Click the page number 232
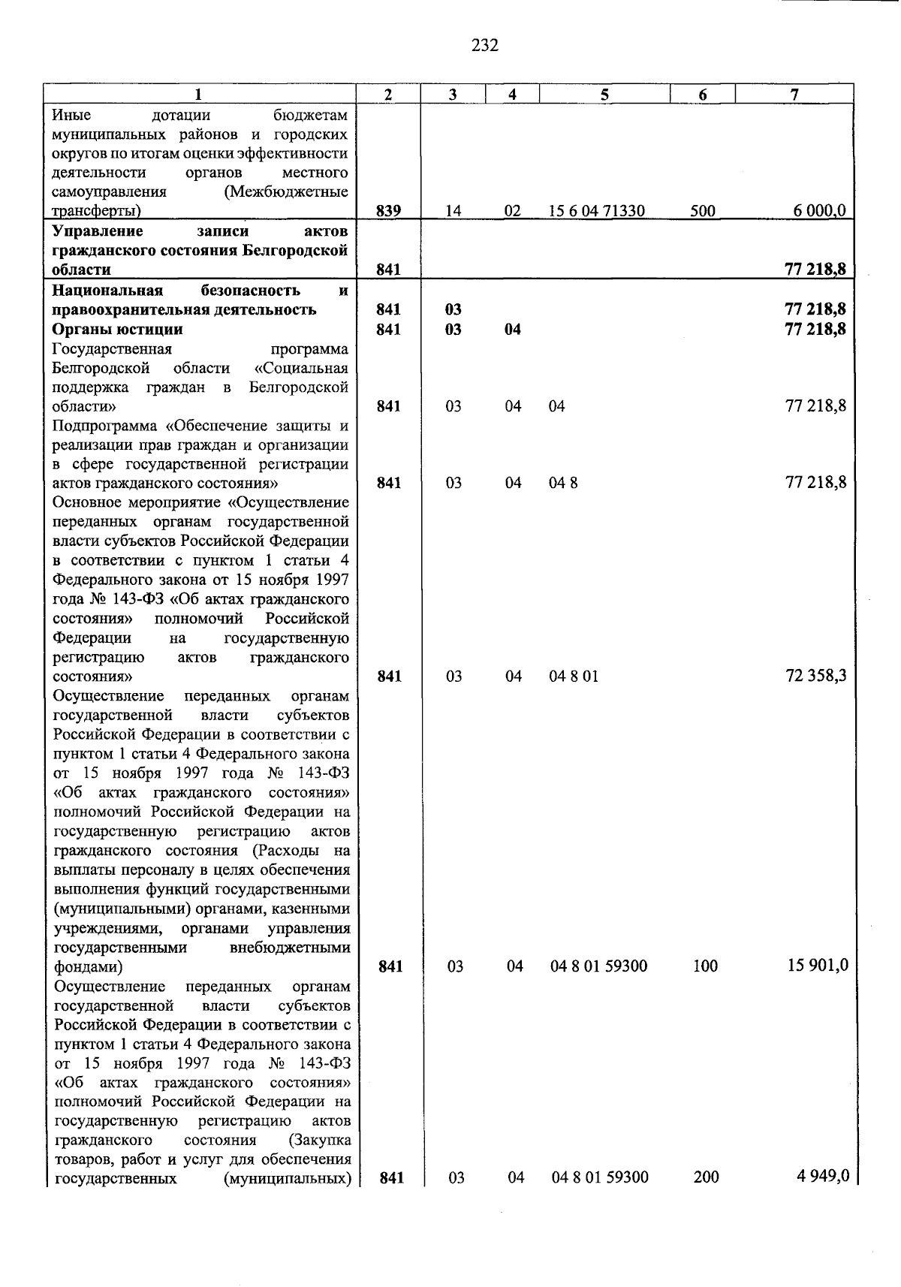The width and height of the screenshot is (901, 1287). click(485, 46)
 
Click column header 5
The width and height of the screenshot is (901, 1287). click(604, 94)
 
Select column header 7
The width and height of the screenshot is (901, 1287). click(794, 94)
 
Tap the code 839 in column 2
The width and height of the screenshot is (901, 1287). click(388, 211)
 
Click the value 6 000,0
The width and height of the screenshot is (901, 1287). click(819, 211)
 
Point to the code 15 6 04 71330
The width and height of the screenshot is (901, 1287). click(596, 211)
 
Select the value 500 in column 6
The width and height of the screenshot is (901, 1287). click(703, 211)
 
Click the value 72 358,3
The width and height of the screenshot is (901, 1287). click(815, 676)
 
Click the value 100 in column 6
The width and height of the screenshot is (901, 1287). click(705, 966)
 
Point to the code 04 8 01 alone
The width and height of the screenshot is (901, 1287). click(574, 677)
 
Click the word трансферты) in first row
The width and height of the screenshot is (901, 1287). click(97, 211)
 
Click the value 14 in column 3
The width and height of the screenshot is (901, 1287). click(453, 211)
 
